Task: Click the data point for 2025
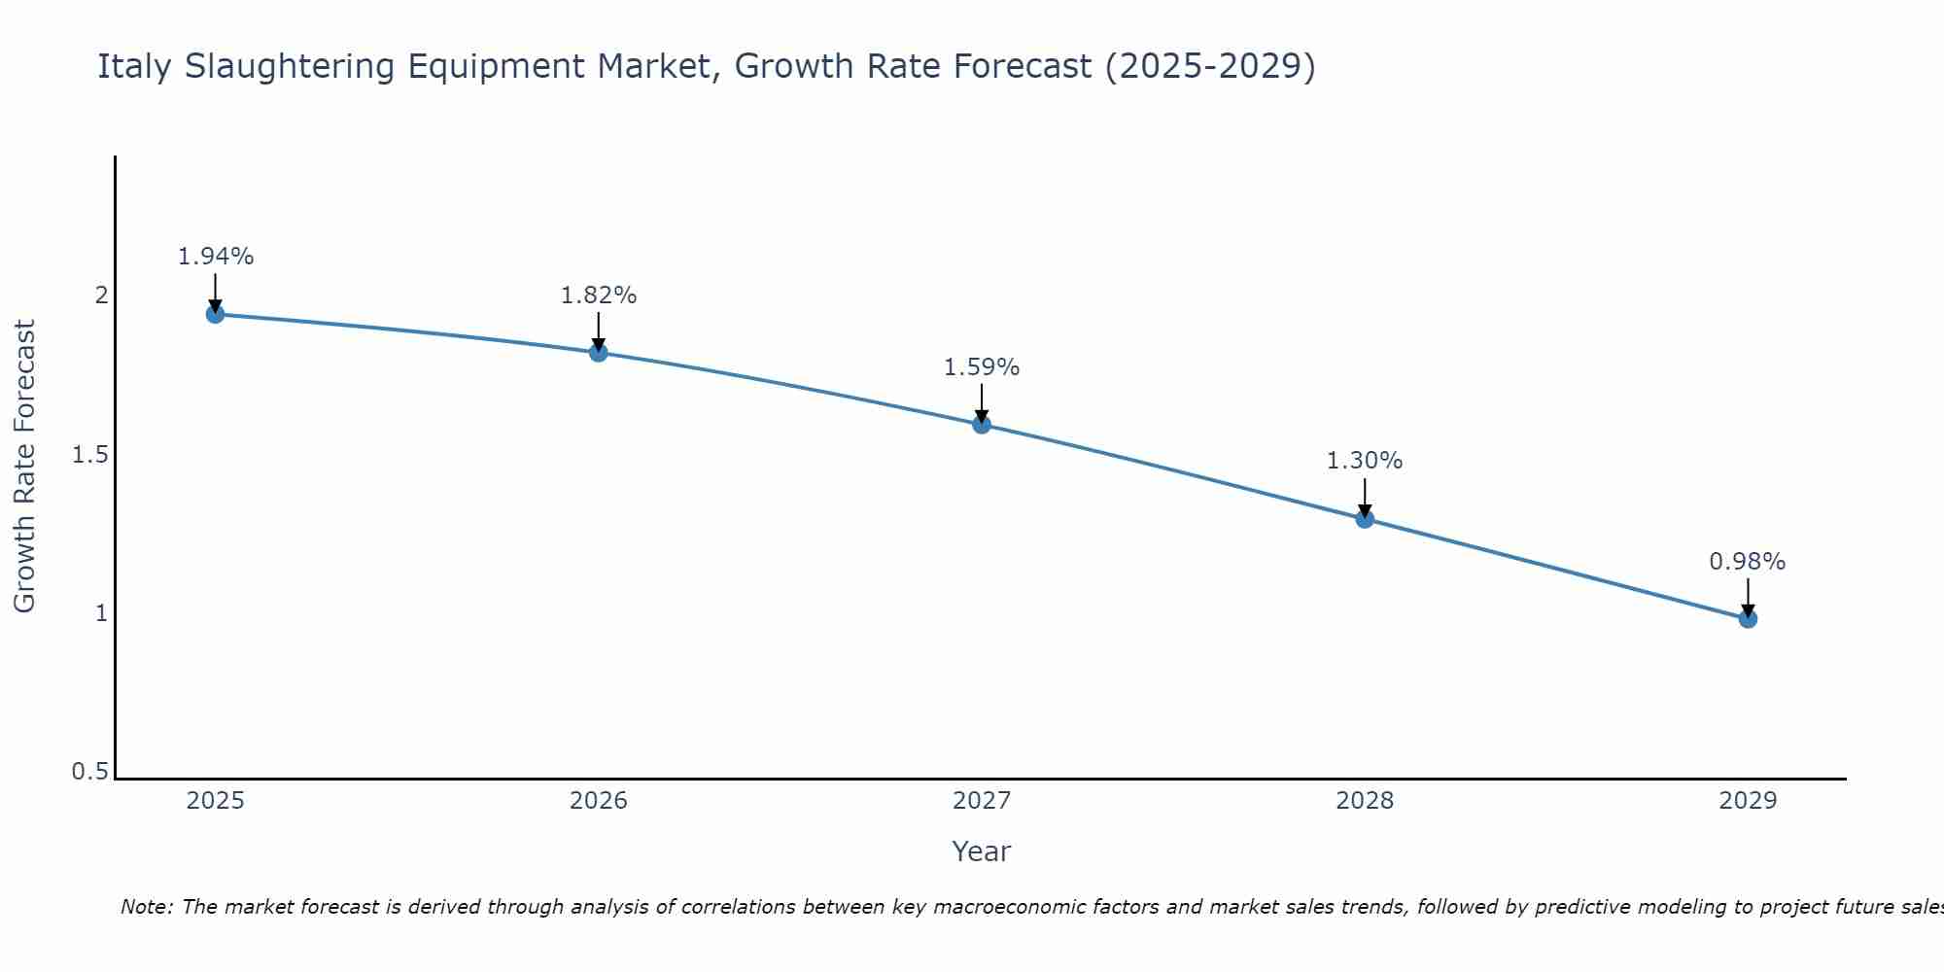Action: point(215,314)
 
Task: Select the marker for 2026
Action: point(598,352)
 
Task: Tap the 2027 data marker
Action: point(981,424)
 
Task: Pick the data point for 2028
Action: point(1364,518)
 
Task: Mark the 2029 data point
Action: point(1747,618)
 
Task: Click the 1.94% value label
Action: point(215,257)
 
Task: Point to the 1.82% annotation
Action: point(598,295)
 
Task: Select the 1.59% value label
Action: point(981,367)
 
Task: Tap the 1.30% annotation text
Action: point(1364,461)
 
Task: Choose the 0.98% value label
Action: point(1747,562)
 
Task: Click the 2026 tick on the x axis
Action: point(598,801)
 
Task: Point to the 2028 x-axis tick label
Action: point(1364,801)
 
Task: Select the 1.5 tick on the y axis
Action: point(89,455)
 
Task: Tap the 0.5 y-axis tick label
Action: point(89,772)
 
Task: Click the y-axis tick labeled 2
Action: point(101,295)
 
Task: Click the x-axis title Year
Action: point(981,851)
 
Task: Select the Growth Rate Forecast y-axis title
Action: point(24,467)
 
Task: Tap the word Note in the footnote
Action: point(145,907)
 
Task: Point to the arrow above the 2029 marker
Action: point(1747,596)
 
